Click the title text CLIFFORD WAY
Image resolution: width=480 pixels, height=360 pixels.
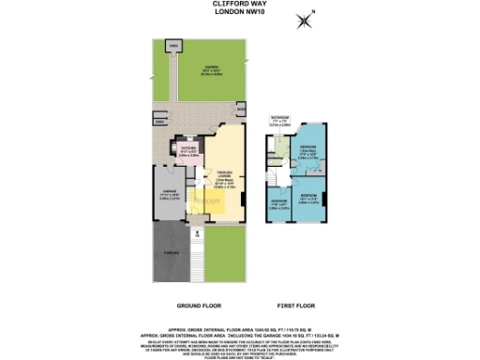[x=241, y=5]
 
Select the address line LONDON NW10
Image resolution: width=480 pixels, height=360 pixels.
[x=241, y=12]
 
